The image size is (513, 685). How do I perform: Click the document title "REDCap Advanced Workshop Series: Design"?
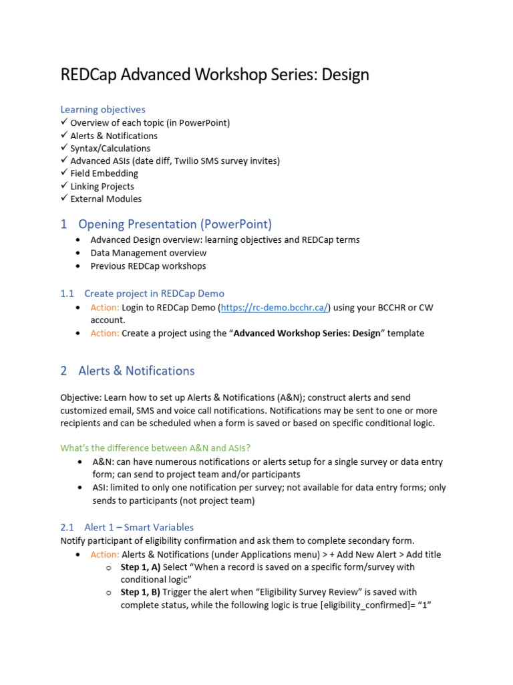coord(214,74)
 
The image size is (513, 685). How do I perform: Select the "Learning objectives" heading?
coord(102,109)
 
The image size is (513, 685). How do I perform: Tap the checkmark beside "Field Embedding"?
coord(64,173)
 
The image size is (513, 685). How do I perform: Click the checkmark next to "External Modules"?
coord(64,199)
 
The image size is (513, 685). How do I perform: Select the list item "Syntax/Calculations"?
coord(110,149)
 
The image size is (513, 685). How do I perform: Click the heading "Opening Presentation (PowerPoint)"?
coord(175,224)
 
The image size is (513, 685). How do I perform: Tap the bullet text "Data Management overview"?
coord(148,253)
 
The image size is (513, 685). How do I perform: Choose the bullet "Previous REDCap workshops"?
coord(148,266)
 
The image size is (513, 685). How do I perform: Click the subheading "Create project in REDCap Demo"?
coord(154,294)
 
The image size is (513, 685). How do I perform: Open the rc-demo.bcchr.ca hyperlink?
coord(275,307)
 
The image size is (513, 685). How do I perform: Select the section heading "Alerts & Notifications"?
coord(136,371)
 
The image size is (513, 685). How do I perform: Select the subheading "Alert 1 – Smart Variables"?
coord(139,527)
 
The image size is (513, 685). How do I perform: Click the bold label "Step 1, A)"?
coord(140,567)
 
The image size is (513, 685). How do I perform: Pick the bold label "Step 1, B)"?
coord(140,592)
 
